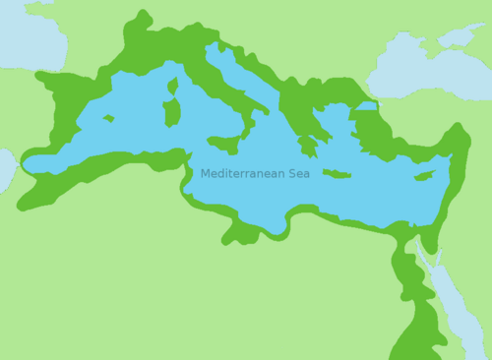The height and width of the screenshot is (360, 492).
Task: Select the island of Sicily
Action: coord(224,144)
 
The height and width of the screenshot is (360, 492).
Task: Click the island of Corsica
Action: coord(173,87)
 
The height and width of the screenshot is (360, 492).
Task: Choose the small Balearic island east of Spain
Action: coord(107,119)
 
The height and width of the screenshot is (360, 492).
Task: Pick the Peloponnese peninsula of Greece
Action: coord(308,146)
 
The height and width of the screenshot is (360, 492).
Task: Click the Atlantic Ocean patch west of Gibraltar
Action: coord(6,169)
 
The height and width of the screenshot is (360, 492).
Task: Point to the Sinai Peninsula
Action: coord(422,240)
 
